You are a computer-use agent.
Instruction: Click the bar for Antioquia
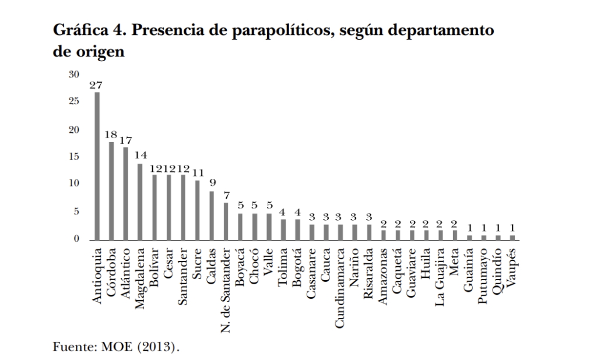tap(97, 166)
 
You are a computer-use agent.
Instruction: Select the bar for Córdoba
tap(111, 191)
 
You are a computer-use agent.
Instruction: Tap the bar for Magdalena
tap(140, 202)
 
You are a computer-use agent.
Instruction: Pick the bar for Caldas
tap(211, 216)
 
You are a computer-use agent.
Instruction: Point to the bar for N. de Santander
tap(226, 221)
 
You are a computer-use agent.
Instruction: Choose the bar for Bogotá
tap(297, 230)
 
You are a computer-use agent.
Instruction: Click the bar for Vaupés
tap(512, 238)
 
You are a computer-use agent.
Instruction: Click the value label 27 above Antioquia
tap(97, 85)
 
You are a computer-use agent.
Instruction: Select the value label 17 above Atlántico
tap(126, 140)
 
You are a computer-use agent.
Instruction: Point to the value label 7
tap(226, 195)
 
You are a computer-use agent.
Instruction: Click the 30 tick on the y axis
tap(73, 75)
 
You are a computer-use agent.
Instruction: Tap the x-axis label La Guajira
tap(441, 277)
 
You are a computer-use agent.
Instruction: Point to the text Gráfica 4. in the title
tap(84, 31)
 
